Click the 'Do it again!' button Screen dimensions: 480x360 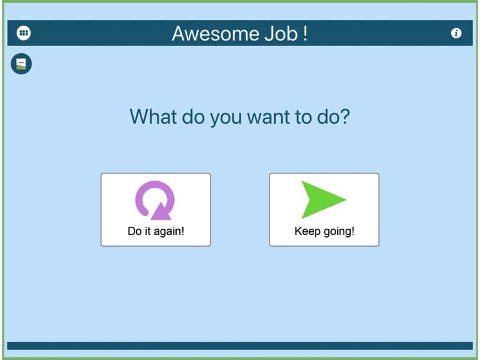(x=156, y=209)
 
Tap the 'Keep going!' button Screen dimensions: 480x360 (x=324, y=209)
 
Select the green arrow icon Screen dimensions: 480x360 (x=324, y=199)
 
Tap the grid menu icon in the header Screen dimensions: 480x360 (x=24, y=33)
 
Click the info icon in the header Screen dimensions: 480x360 (x=456, y=33)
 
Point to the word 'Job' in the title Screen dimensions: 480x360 (x=281, y=33)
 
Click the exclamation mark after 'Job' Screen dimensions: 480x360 (x=305, y=33)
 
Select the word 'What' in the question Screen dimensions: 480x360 (x=154, y=117)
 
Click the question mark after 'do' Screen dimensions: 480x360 (x=345, y=117)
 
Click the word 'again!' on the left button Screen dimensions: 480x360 (x=169, y=232)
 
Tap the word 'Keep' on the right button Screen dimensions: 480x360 (x=307, y=232)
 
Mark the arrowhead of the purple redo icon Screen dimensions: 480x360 (x=161, y=211)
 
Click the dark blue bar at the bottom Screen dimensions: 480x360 (x=240, y=346)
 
